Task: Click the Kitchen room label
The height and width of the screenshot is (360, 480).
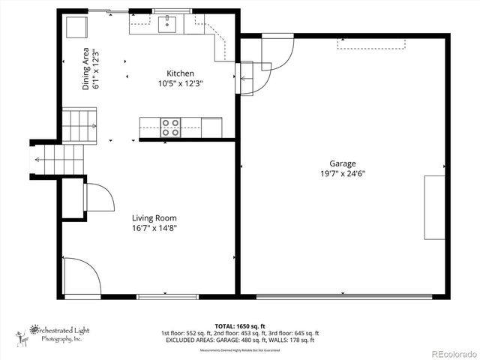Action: pos(180,73)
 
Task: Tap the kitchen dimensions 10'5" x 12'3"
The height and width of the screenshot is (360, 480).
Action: pos(180,83)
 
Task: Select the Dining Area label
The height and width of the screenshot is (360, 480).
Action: pos(87,70)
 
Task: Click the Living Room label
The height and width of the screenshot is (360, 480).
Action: pos(154,218)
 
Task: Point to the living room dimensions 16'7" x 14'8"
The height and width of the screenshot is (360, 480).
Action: pos(154,228)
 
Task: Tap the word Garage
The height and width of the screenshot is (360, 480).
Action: pos(343,163)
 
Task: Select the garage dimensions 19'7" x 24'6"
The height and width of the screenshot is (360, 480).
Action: pos(343,173)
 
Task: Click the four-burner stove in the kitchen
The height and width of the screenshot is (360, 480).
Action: pos(171,127)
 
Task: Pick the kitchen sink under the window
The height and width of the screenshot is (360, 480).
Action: pos(167,25)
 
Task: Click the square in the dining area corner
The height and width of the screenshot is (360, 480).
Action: pos(76,28)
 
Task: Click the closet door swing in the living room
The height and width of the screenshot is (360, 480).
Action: pos(99,197)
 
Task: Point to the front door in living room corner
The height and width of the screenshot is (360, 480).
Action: pos(81,277)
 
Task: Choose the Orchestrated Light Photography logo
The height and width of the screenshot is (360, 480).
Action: pos(55,334)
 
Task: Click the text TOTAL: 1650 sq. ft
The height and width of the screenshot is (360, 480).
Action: pos(239,326)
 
